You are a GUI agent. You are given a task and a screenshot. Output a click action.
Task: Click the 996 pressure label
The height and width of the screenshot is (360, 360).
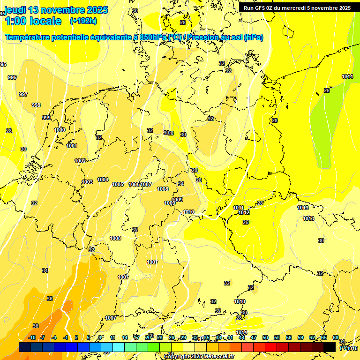12,77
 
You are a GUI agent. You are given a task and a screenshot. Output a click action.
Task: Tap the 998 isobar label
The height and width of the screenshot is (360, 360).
36,105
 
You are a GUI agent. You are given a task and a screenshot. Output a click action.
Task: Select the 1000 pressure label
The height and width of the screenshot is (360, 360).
60,130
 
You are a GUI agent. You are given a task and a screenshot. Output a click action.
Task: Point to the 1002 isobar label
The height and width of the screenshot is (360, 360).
80,161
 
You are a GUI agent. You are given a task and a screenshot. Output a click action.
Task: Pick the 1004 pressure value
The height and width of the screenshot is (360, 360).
103,180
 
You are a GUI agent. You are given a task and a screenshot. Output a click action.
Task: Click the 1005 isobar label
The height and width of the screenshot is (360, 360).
118,184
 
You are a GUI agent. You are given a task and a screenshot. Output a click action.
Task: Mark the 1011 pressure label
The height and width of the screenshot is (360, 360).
238,208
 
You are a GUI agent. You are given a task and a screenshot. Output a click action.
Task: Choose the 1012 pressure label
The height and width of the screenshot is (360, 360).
244,212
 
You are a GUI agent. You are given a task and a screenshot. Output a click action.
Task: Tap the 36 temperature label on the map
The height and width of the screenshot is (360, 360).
50,299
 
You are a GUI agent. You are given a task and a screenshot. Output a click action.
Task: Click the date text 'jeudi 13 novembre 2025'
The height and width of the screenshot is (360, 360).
56,10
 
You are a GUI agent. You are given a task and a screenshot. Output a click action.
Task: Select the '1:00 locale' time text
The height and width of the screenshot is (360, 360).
33,21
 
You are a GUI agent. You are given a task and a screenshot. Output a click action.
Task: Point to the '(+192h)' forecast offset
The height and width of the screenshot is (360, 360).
83,21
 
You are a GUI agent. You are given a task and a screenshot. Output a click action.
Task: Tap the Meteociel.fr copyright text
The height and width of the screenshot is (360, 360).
199,356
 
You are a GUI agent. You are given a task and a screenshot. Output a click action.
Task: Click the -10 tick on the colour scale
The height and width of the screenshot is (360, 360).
32,337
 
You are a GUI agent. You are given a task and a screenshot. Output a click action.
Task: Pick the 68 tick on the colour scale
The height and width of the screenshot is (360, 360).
336,337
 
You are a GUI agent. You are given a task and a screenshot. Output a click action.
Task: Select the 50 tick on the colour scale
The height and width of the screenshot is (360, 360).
265,337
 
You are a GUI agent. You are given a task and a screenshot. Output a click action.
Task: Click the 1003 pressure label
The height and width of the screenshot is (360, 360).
87,182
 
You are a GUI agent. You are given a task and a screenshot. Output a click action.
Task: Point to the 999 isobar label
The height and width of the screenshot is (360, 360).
46,118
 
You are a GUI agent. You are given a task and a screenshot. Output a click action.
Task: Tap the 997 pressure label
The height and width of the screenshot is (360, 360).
23,94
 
